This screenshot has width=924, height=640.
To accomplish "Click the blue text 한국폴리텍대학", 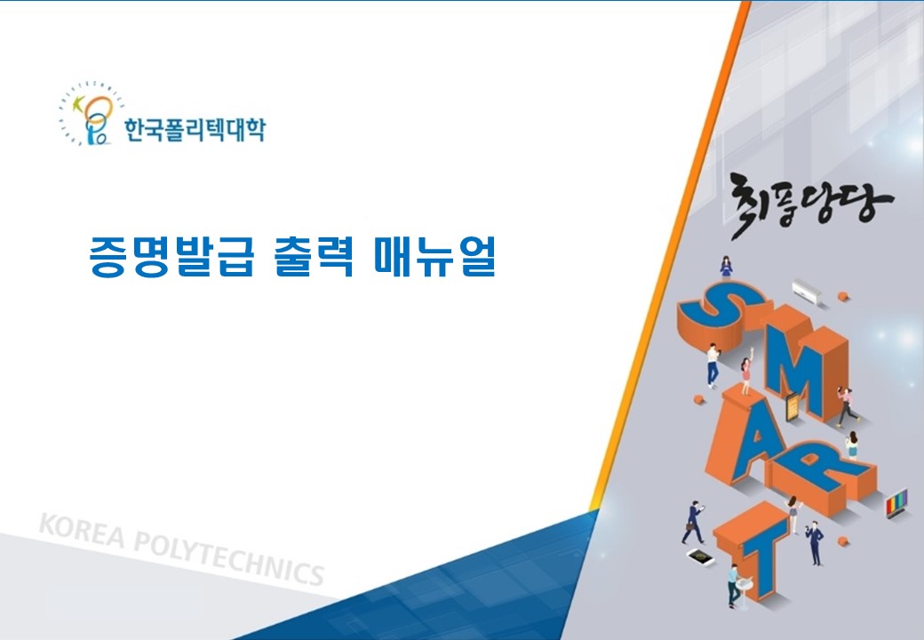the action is point(195,129).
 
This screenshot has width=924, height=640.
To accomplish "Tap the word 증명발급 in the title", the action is point(171,256).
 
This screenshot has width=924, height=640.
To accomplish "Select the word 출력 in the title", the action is point(315,256).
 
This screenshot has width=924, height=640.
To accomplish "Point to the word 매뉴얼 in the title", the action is point(434,256).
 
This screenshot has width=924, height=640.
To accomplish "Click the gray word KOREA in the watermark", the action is point(82,530).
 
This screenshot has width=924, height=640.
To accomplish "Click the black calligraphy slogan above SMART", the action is point(811,204).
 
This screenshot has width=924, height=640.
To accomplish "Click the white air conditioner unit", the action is point(806,291).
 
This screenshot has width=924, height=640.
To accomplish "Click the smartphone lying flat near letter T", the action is point(700,556).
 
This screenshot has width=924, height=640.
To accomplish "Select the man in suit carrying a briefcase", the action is point(694,522).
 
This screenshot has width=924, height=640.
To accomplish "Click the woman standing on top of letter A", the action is point(745,374).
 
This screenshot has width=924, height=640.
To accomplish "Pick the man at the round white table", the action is point(733,585).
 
